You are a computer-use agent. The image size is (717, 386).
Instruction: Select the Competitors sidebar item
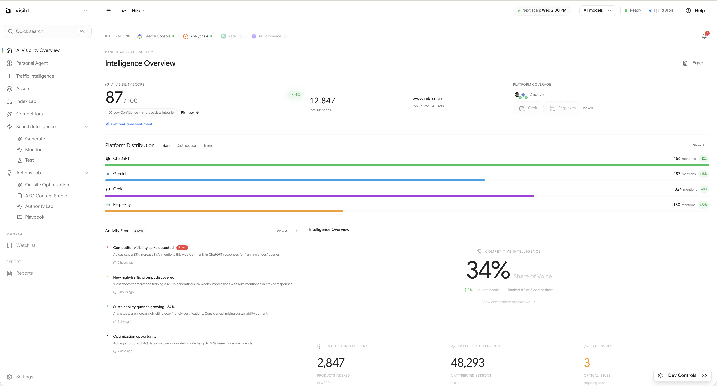coord(29,114)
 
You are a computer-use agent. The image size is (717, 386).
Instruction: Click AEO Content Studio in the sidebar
coord(46,196)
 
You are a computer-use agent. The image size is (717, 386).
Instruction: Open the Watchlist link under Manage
coord(26,245)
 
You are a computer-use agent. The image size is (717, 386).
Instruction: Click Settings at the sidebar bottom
coord(25,377)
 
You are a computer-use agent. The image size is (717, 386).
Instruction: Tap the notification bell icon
coord(704,36)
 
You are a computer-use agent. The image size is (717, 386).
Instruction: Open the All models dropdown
coord(597,10)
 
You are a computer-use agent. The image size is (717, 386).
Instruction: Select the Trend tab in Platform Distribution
coord(208,145)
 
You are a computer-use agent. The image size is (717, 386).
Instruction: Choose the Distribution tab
coord(187,145)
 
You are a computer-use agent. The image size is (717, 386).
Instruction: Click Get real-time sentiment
coord(131,124)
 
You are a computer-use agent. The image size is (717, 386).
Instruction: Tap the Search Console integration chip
coord(156,36)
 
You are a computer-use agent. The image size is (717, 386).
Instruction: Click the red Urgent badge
coord(182,247)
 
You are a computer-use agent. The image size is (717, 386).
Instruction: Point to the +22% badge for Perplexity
coord(703,205)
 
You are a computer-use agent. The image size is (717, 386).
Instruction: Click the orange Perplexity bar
coord(224,211)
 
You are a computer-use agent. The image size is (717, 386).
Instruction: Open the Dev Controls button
coord(682,375)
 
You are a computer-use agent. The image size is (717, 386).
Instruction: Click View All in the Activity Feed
coord(287,231)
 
